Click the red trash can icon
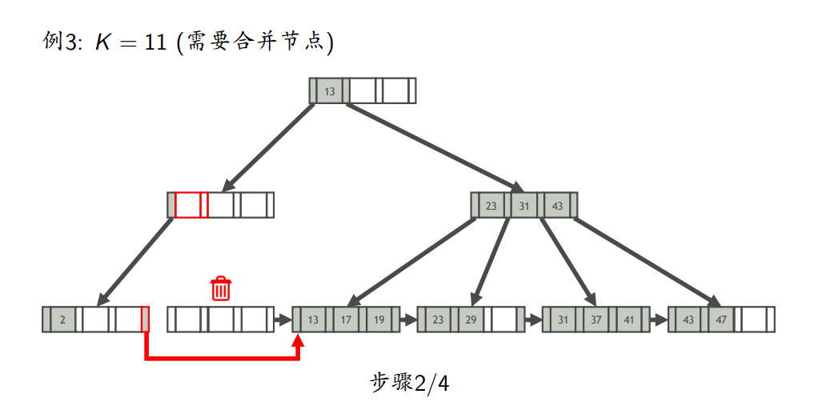(221, 288)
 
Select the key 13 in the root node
(330, 91)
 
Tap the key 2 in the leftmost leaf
(62, 320)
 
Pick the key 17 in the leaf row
(346, 320)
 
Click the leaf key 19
(379, 320)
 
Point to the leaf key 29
(471, 320)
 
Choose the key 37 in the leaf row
(596, 320)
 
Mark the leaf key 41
(629, 320)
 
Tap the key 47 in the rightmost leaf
(721, 320)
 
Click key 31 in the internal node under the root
(524, 206)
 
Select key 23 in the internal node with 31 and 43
(491, 206)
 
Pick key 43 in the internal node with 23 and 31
(557, 206)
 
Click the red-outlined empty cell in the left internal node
(187, 205)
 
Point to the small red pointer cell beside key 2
(146, 320)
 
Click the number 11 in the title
(155, 42)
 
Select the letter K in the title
(102, 42)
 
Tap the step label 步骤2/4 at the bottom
(410, 384)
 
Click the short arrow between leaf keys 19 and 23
(408, 320)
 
